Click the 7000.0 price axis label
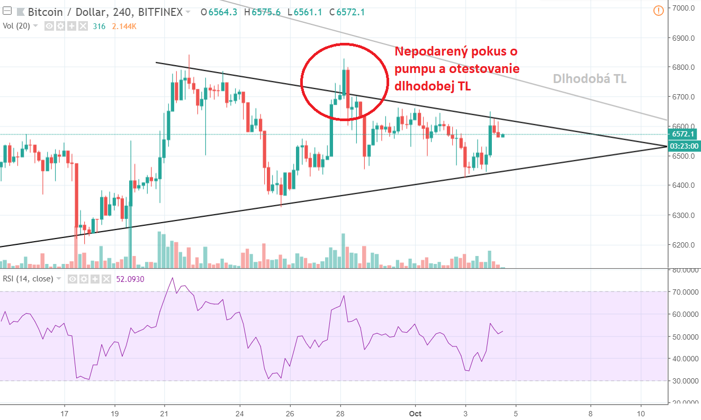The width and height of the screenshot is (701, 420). click(683, 8)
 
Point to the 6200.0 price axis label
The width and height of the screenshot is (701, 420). click(683, 245)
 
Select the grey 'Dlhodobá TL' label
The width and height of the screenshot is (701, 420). click(590, 79)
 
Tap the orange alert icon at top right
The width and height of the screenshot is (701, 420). click(658, 10)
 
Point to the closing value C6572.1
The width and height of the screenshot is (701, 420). click(347, 12)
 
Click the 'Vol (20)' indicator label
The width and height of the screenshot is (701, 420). click(16, 25)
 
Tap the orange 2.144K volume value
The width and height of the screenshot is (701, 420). click(124, 26)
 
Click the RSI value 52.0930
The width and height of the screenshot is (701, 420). click(130, 279)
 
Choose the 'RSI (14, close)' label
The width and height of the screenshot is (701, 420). click(28, 279)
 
